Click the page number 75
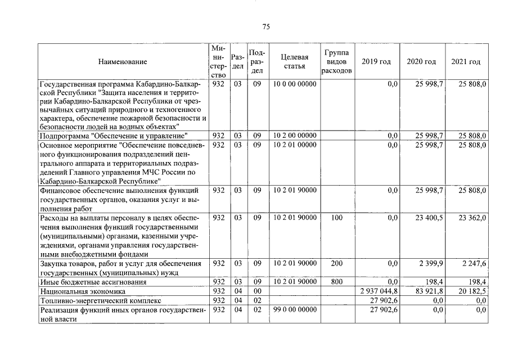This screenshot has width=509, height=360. (x=267, y=27)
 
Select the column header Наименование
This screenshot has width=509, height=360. (x=122, y=61)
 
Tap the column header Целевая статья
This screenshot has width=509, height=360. (x=295, y=61)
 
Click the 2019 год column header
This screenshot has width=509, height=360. (x=376, y=61)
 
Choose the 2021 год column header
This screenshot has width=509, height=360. (x=466, y=61)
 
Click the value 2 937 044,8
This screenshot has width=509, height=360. (x=379, y=291)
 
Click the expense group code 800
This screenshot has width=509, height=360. (x=336, y=281)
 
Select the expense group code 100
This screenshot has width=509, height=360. (x=336, y=217)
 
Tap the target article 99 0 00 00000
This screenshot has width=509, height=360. (x=295, y=310)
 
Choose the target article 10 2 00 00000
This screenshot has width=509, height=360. (x=295, y=136)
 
